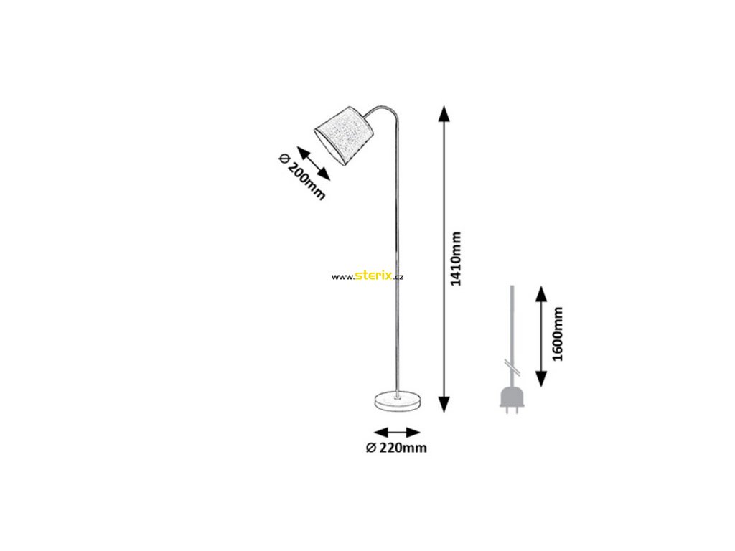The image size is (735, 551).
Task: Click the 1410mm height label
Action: [456, 258]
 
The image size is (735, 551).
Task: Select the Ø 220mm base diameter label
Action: [396, 448]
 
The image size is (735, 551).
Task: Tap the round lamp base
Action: [397, 401]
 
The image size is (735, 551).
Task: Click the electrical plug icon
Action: [510, 398]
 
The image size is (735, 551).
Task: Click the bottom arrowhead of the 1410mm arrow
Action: [444, 404]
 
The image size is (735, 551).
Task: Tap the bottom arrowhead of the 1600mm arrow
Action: [541, 378]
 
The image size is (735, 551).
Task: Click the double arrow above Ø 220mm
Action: [397, 432]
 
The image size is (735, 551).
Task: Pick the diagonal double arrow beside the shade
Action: [314, 164]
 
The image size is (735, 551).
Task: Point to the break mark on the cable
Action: [510, 365]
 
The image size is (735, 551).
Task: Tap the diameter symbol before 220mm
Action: [370, 448]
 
